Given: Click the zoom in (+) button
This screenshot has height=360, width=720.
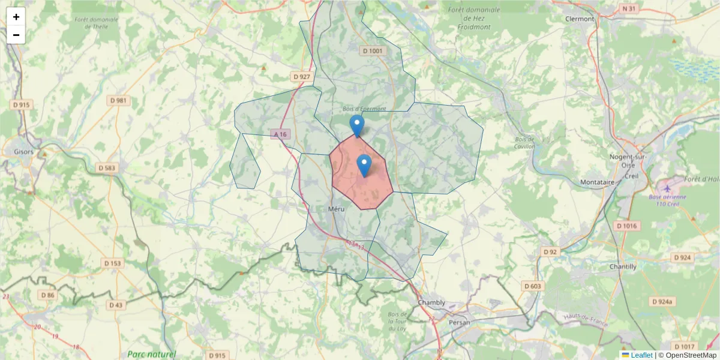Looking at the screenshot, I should pos(16,17).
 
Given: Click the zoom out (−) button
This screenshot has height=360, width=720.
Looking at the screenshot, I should pos(16,35).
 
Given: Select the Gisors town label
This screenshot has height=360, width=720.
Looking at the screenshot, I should pos(23,152).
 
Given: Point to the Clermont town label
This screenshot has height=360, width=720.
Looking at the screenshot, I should pos(580,19).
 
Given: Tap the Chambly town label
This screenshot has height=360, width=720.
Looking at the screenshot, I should pos(431,302).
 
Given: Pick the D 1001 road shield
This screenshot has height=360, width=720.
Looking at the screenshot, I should pos(373,51).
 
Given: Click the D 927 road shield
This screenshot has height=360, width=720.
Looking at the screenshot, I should pos(302,77).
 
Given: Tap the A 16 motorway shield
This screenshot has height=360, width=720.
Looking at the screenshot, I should pos(280,134).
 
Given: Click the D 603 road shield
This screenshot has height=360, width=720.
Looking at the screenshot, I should pos(532,286).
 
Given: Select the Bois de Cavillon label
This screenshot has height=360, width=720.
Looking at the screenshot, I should pos(524,143).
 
